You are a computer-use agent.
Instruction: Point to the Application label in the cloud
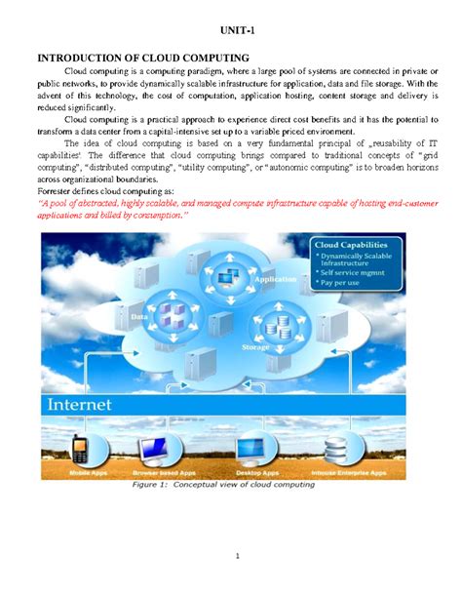pos(276,279)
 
